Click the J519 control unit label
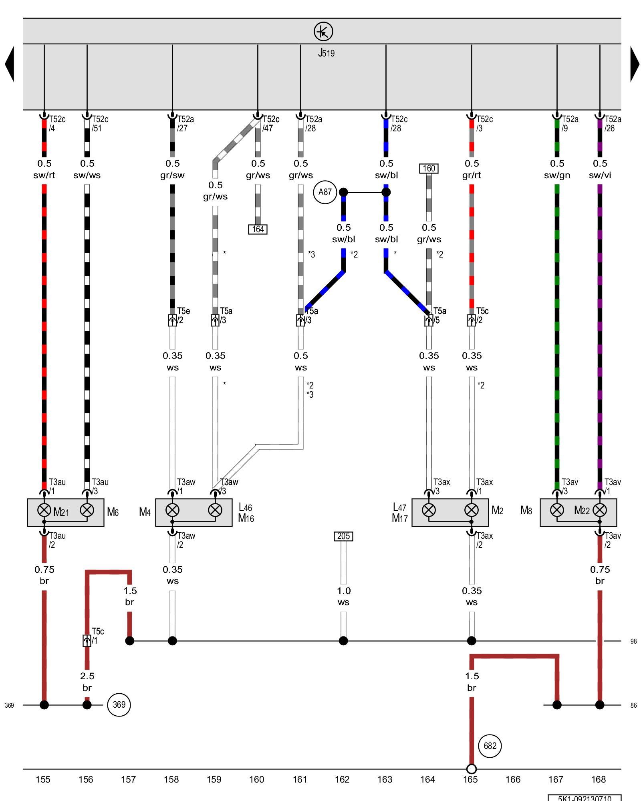point(326,53)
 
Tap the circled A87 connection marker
point(325,192)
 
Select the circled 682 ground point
point(490,746)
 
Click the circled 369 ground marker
point(119,704)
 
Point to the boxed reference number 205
point(343,536)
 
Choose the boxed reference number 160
point(428,168)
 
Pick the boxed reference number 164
point(258,229)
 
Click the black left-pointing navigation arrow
point(10,64)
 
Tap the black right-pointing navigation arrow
point(635,64)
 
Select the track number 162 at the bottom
point(342,779)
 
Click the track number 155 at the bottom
point(43,779)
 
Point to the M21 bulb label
point(61,512)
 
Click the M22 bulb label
point(582,510)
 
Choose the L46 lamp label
point(245,507)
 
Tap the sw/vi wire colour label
point(600,175)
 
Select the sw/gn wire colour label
point(557,175)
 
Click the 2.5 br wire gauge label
point(87,682)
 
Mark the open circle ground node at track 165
point(472,769)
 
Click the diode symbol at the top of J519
point(323,31)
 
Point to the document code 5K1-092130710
point(585,798)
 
